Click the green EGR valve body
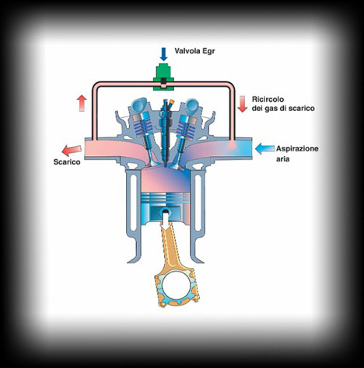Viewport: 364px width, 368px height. coord(163,77)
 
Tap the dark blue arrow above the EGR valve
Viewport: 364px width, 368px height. coord(163,54)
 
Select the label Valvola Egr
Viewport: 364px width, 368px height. coord(194,51)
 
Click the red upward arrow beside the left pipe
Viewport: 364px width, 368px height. coord(82,103)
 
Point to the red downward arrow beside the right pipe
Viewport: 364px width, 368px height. coord(243,104)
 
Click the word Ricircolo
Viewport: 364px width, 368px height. coord(268,99)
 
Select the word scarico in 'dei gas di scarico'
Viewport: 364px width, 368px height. coord(300,108)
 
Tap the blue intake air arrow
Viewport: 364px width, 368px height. coord(264,149)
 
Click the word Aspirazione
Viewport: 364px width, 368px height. coord(297,149)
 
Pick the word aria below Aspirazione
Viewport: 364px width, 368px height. coord(282,159)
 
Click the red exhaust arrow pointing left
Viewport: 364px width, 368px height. coord(72,151)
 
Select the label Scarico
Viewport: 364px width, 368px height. coord(67,162)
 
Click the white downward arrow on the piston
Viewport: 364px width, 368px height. coord(165,220)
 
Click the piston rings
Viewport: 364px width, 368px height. coord(165,199)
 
